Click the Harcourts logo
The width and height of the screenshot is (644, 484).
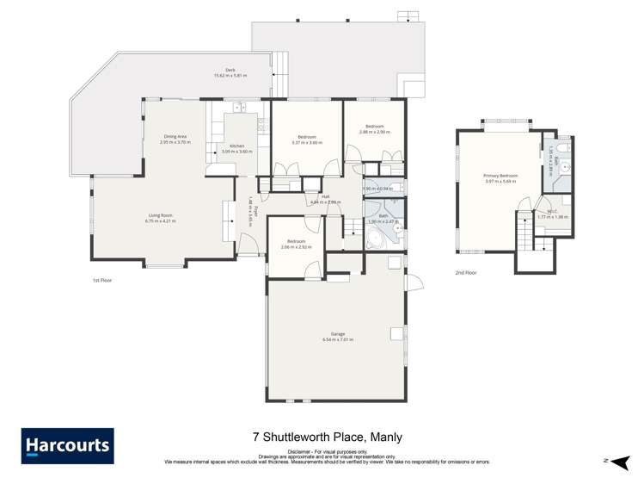(68, 446)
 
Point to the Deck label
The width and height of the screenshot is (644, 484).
(230, 71)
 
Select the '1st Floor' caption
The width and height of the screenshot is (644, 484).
(102, 280)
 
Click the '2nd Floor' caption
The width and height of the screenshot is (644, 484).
(465, 272)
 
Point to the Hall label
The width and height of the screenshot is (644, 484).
(326, 196)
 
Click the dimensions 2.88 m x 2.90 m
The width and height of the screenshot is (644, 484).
(376, 132)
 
